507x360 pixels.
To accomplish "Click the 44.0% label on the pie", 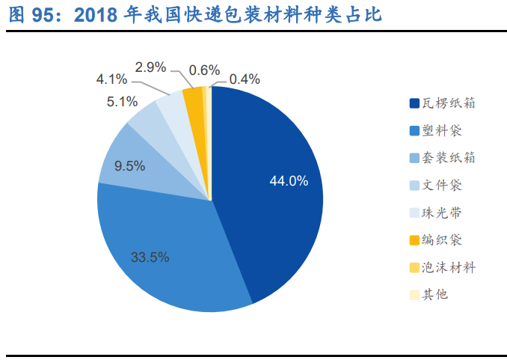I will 288,181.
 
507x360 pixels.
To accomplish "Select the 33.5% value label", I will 150,257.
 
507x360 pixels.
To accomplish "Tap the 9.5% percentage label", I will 129,166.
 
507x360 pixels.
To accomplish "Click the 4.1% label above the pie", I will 112,79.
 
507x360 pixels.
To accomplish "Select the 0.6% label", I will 204,70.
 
